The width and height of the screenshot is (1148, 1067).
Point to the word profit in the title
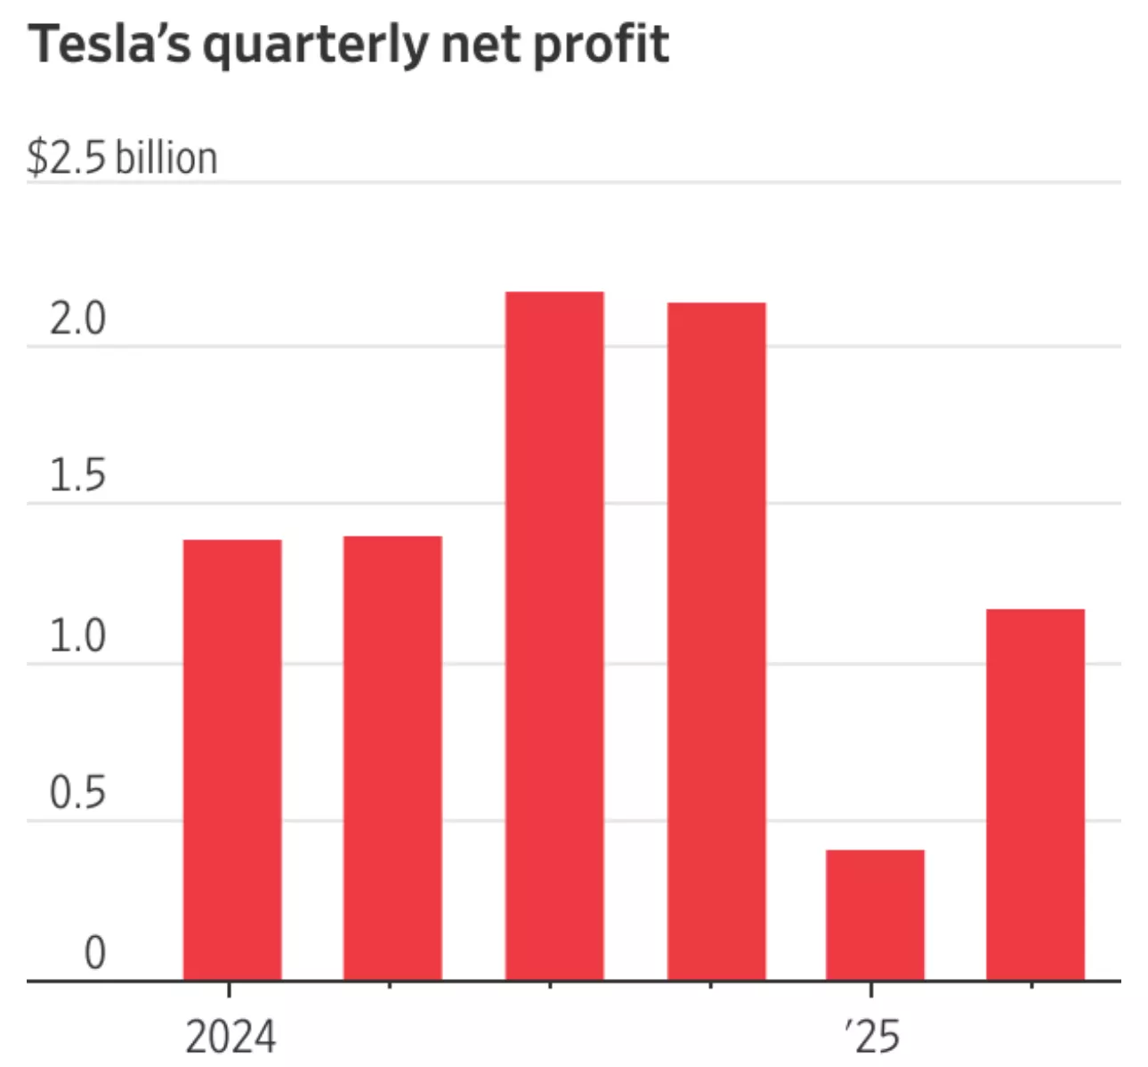pyautogui.click(x=601, y=44)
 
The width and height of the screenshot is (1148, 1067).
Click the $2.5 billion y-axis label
pyautogui.click(x=122, y=158)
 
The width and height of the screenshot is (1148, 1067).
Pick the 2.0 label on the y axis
pyautogui.click(x=77, y=319)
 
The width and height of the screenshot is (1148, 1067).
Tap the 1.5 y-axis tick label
pyautogui.click(x=77, y=476)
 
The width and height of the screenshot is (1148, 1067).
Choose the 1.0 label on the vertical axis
pyautogui.click(x=77, y=635)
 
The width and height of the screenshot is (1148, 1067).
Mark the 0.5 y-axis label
pyautogui.click(x=77, y=793)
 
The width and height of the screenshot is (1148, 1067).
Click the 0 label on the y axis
pyautogui.click(x=94, y=952)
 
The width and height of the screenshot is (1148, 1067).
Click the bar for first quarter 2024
pyautogui.click(x=232, y=760)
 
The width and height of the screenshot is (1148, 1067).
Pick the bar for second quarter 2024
pyautogui.click(x=392, y=758)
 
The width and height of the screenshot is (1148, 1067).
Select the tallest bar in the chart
pyautogui.click(x=554, y=635)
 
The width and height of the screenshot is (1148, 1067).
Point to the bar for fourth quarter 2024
pyautogui.click(x=716, y=641)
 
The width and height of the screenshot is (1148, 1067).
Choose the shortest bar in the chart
pyautogui.click(x=875, y=915)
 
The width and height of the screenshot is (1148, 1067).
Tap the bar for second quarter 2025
pyautogui.click(x=1036, y=794)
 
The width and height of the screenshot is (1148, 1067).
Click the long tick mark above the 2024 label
pyautogui.click(x=230, y=990)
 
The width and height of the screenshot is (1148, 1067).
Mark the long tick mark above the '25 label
pyautogui.click(x=871, y=990)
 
